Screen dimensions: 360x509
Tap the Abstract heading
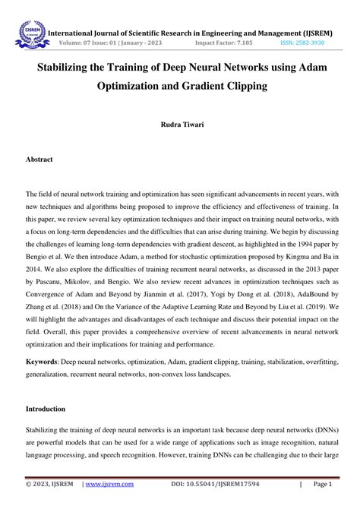pyautogui.click(x=39, y=161)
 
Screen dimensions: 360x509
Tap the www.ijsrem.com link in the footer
pyautogui.click(x=108, y=483)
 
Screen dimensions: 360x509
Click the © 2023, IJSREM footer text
pyautogui.click(x=48, y=483)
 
